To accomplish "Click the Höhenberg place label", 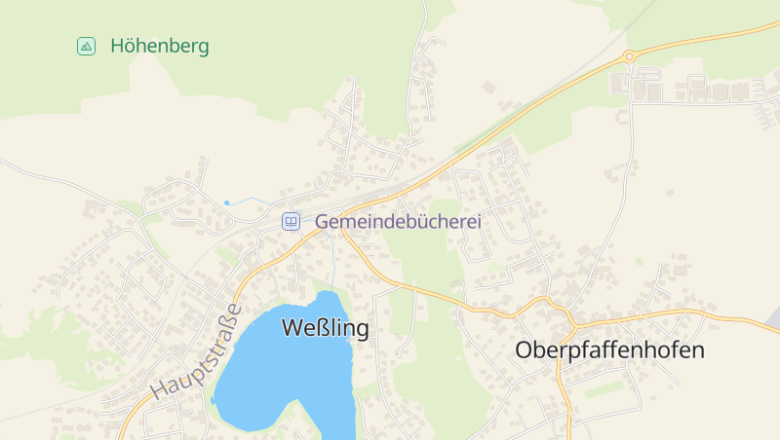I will pos(160,46).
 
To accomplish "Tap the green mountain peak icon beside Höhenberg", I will pos(87,46).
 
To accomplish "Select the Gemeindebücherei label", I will pos(398,222).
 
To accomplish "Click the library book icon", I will pos(291,222).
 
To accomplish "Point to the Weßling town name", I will pos(325,329).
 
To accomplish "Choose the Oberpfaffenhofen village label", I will pos(609,350).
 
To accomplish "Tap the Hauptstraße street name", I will pos(196,352).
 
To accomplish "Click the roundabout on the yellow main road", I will pos(630,56).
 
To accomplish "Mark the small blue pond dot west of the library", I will pos(227,202).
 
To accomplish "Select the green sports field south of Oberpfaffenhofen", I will pos(605,389).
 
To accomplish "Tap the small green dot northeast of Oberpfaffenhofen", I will pos(640,261).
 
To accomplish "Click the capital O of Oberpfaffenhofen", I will pos(524,350).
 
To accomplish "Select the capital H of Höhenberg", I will pos(118,46).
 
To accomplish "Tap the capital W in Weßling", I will pos(292,329).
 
